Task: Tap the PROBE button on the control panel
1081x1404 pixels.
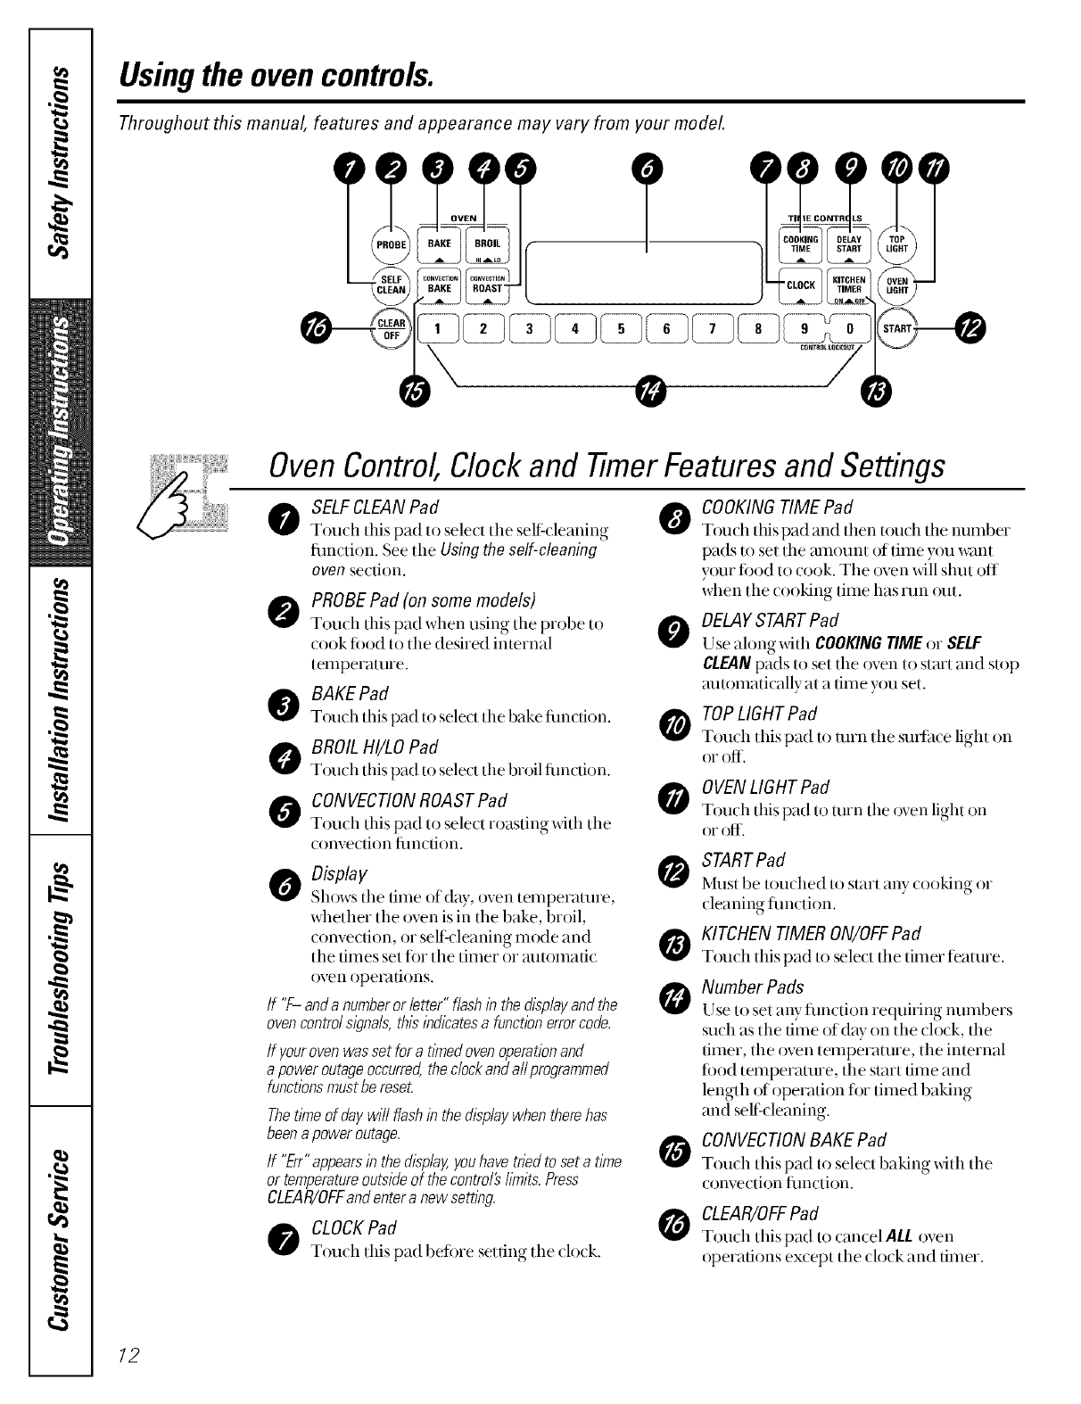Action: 389,244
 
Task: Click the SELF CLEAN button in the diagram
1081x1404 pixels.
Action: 389,284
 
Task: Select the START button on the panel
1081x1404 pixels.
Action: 896,329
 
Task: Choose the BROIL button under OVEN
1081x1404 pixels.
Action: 486,244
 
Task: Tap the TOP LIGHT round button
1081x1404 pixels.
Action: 897,244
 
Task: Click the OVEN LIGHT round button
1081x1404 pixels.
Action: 897,284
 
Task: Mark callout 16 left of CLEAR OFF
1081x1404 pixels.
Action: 318,329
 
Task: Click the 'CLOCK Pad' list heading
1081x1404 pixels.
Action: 354,1226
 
